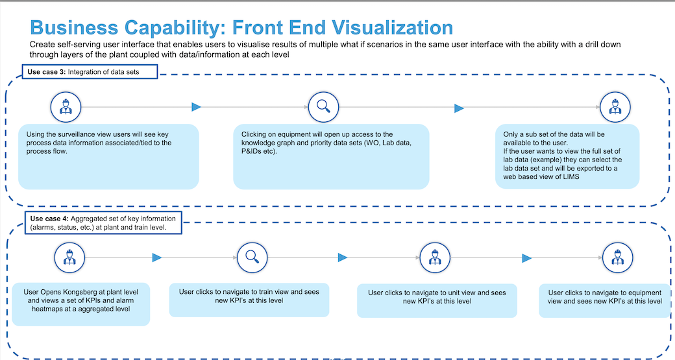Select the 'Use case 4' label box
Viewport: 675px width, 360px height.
103,222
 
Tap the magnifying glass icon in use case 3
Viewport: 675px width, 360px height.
320,107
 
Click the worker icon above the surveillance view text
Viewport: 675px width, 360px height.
65,107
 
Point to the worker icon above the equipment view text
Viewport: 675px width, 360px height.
617,258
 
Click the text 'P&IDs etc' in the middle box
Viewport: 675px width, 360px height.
254,151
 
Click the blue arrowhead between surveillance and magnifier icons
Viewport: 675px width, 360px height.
197,107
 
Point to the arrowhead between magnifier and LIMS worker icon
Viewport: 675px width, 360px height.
459,108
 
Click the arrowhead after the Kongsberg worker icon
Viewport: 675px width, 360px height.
156,258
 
